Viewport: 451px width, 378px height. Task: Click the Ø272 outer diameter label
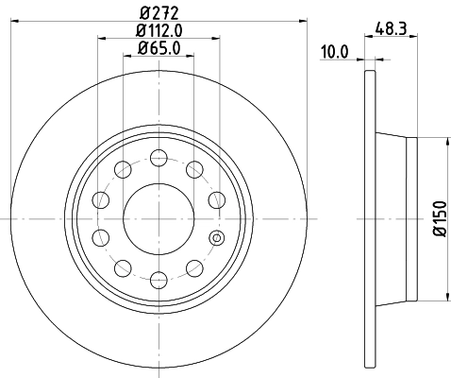point(159,12)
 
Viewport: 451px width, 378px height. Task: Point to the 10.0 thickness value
point(335,54)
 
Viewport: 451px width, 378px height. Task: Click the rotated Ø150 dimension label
point(439,218)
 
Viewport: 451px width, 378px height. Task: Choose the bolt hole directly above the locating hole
point(216,199)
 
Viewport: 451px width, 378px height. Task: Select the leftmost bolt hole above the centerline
point(101,199)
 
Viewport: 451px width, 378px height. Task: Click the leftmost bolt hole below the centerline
point(101,237)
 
